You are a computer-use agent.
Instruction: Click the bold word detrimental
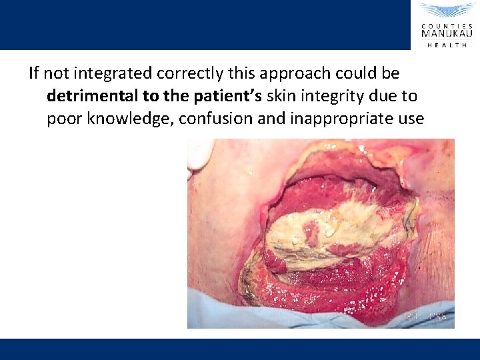(93, 96)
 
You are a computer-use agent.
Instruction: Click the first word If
(34, 73)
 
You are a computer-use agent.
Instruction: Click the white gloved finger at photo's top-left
(197, 155)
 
